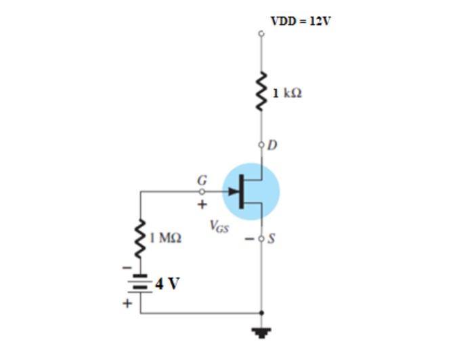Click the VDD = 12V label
coord(301,21)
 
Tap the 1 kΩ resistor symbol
coord(261,91)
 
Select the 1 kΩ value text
coord(288,93)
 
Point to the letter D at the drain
coord(272,145)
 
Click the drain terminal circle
coord(261,145)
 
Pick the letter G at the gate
coord(200,180)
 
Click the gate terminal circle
coord(201,191)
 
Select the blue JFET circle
coord(251,191)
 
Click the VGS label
coord(219,227)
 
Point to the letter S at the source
coord(272,238)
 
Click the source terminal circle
coord(261,237)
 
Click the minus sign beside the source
coord(249,238)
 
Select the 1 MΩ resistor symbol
coord(141,238)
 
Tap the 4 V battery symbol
coord(141,285)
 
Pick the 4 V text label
coord(167,283)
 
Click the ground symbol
coord(261,332)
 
